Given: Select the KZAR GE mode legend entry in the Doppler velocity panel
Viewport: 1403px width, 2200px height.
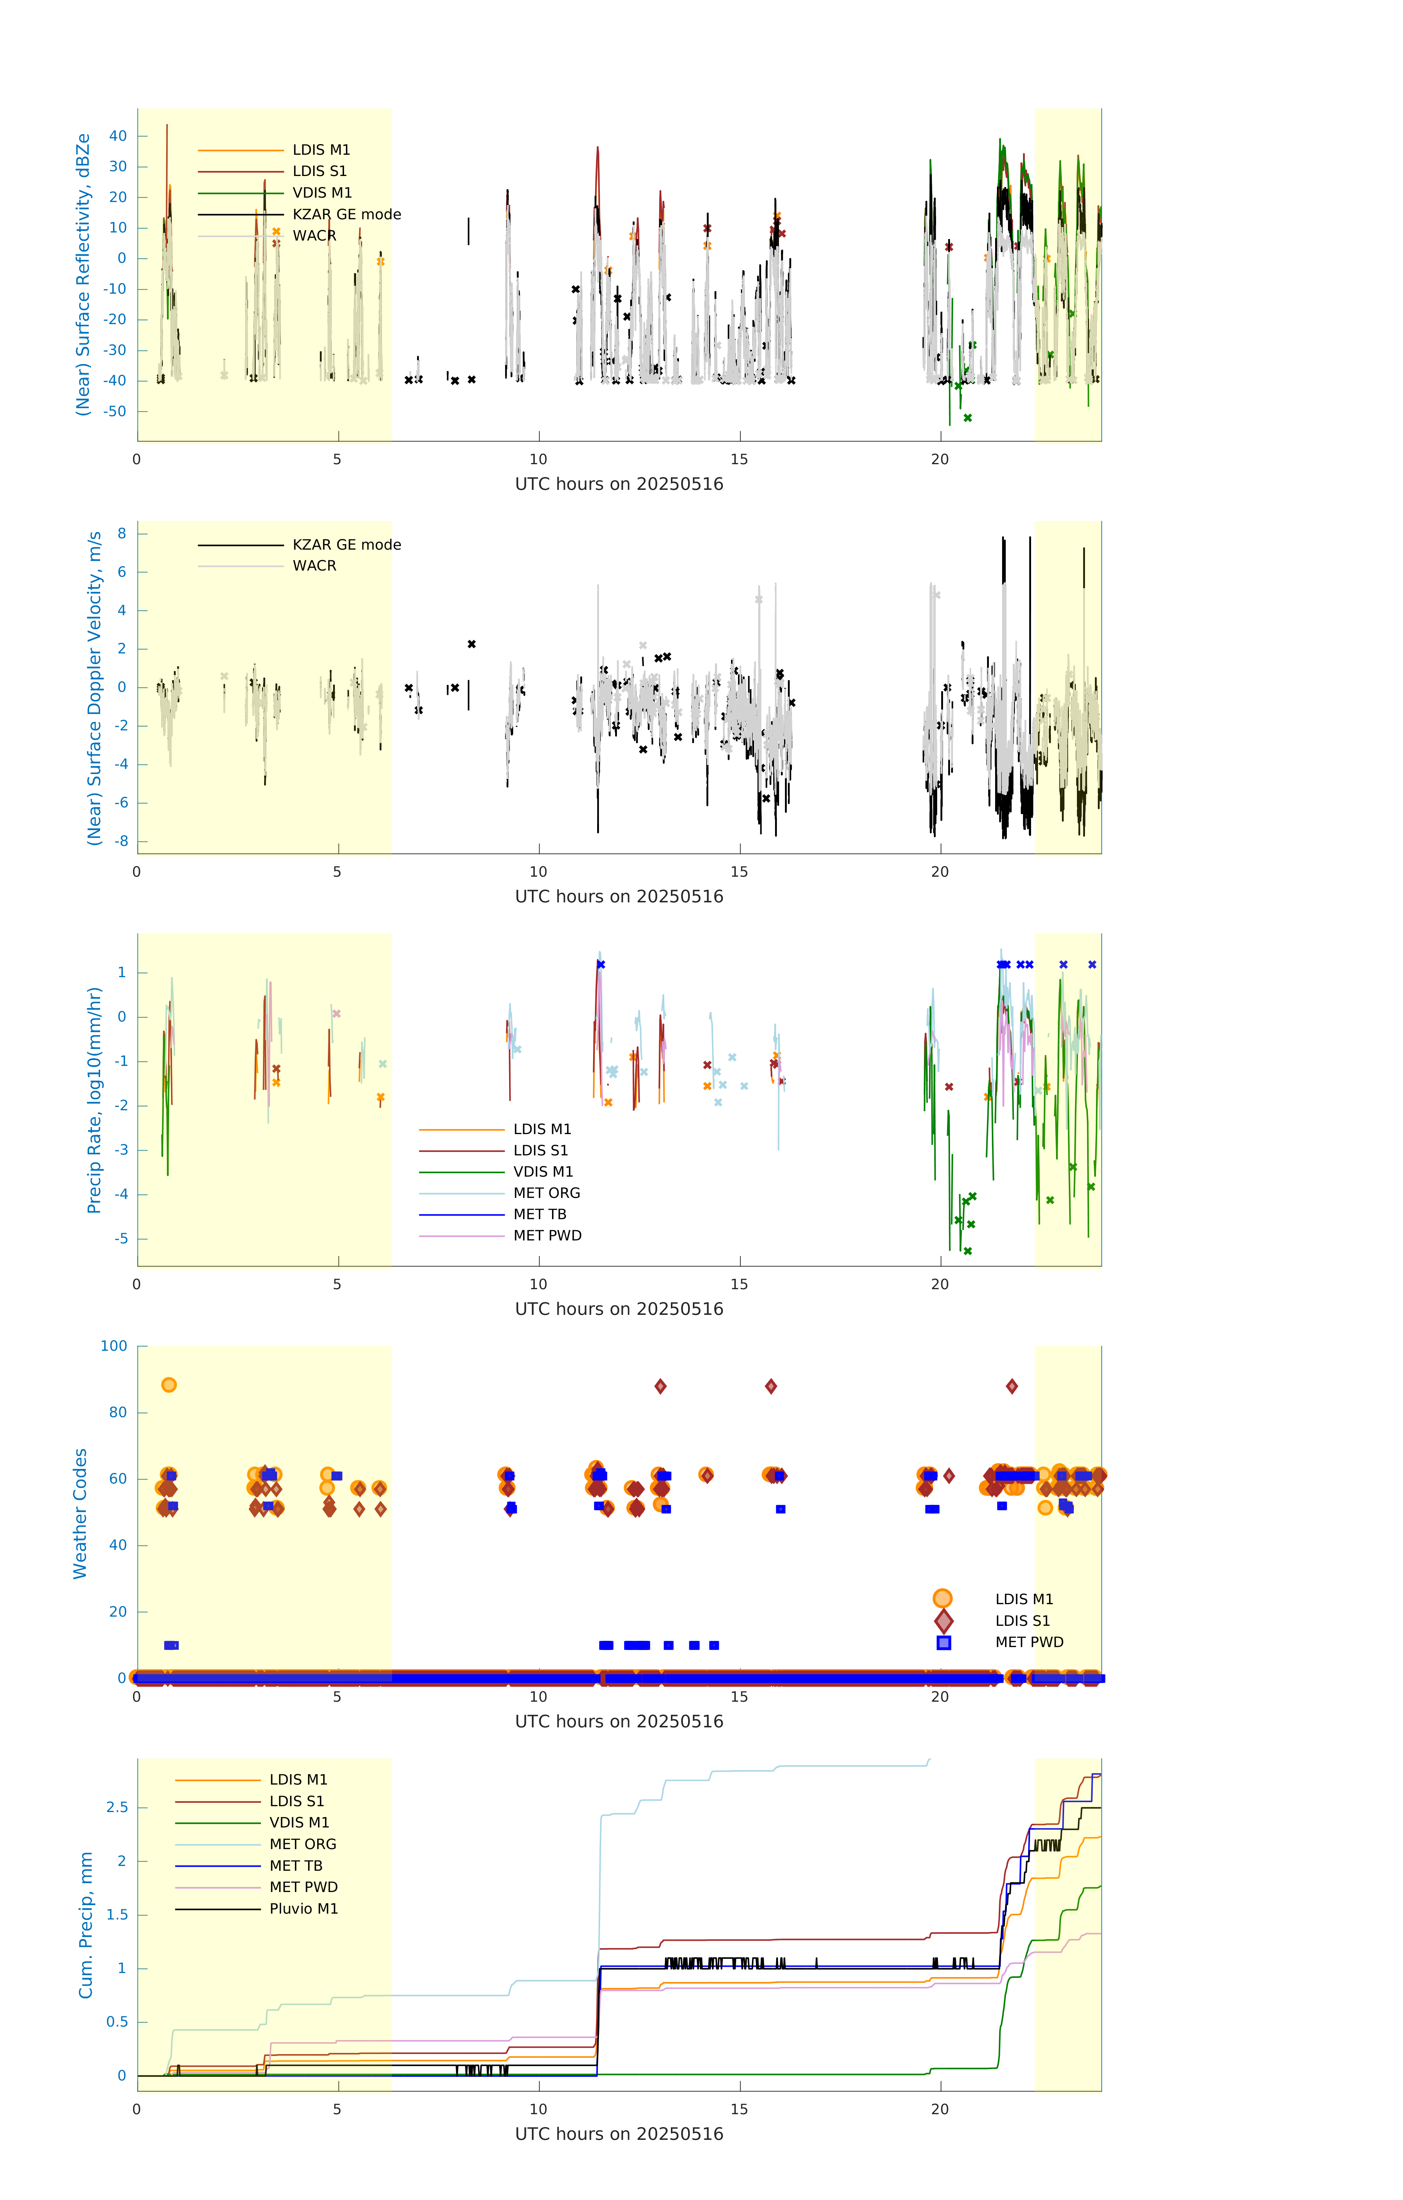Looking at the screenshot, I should (346, 544).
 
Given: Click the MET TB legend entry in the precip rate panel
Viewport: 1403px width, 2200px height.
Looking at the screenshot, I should (539, 1214).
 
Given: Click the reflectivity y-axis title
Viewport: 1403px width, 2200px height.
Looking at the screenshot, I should (83, 275).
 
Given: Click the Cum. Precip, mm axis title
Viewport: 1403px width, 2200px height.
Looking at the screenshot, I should (86, 1925).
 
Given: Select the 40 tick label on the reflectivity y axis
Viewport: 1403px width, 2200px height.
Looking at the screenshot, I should (118, 136).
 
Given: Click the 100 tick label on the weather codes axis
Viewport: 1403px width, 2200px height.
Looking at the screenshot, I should (114, 1346).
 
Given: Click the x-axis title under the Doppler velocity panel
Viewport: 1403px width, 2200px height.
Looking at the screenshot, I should (619, 896).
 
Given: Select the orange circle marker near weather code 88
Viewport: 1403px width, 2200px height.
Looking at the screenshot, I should (168, 1385).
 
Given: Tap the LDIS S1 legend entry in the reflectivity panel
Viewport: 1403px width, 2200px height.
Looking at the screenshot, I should (319, 171).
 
